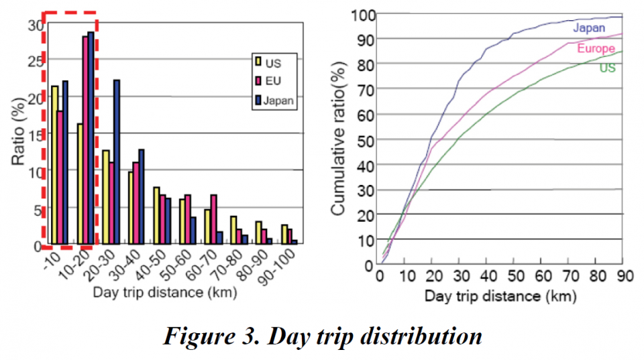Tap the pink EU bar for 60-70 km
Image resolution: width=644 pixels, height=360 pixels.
click(x=213, y=219)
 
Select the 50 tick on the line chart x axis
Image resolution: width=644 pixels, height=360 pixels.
click(x=501, y=276)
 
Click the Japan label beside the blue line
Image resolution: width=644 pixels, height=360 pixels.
click(x=589, y=28)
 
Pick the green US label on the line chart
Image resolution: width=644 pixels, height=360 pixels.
click(x=608, y=68)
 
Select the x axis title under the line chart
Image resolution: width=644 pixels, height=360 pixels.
click(x=500, y=295)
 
